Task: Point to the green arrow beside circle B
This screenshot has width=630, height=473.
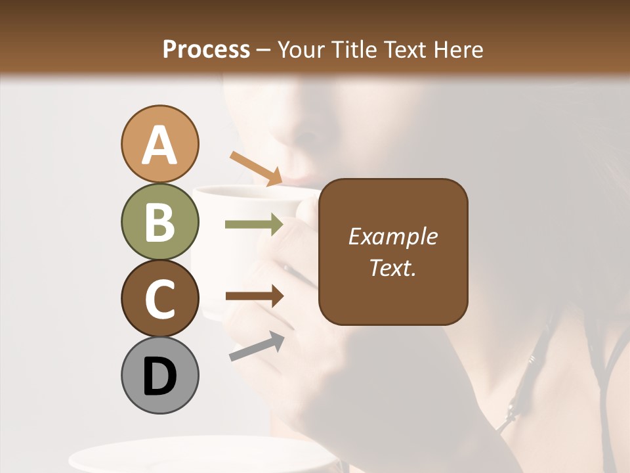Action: [254, 225]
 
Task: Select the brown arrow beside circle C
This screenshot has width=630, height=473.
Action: [255, 296]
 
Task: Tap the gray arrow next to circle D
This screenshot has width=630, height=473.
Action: [257, 346]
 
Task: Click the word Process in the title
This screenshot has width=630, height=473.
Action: [206, 49]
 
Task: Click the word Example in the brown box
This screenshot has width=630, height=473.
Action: [392, 236]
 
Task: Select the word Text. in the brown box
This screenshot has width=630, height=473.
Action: [392, 267]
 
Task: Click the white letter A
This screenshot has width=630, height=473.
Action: [159, 145]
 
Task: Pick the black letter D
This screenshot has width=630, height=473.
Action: [159, 376]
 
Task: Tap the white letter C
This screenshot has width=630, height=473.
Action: [159, 299]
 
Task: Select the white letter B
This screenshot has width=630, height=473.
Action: [159, 222]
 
